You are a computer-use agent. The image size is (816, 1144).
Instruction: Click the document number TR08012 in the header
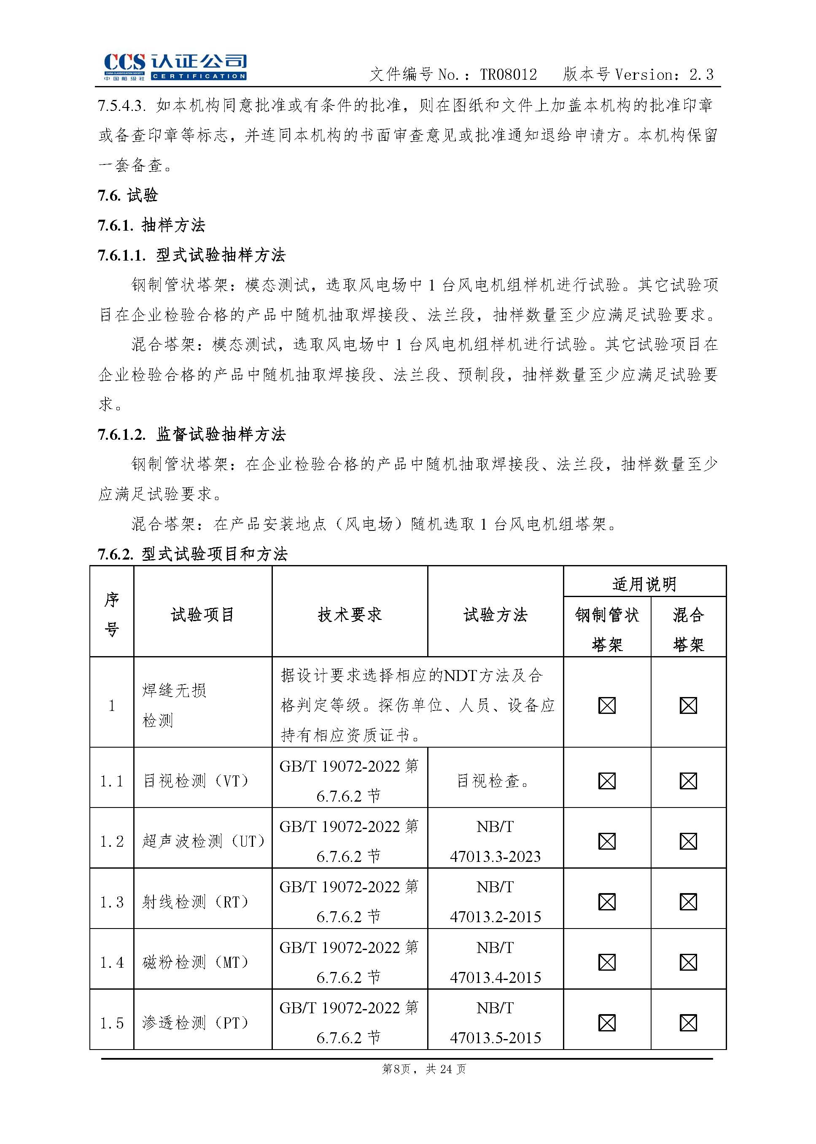[508, 75]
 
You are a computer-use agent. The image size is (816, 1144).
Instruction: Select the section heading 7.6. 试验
[128, 195]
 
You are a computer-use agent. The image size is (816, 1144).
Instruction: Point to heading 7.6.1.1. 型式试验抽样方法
[191, 255]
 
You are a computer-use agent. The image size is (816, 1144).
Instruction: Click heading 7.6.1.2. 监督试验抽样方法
[191, 435]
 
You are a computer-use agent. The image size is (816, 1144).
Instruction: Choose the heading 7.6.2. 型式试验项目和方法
[192, 554]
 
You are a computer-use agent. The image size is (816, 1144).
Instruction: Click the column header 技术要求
[349, 614]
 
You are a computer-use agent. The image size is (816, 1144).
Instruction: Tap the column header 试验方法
[495, 614]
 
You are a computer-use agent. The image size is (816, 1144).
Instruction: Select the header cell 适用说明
[644, 584]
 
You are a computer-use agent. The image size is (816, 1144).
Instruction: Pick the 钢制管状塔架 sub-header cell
[607, 629]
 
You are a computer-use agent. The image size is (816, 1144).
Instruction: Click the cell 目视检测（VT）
[196, 781]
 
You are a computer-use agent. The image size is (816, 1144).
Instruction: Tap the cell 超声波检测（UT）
[203, 841]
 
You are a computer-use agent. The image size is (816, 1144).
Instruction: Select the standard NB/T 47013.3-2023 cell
[495, 842]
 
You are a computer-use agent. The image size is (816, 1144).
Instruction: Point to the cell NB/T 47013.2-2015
[495, 902]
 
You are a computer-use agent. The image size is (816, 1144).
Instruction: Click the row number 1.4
[112, 963]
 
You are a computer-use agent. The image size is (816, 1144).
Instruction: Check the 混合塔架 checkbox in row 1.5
[688, 1023]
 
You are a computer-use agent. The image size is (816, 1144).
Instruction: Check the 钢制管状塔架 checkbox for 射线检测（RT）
[607, 902]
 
